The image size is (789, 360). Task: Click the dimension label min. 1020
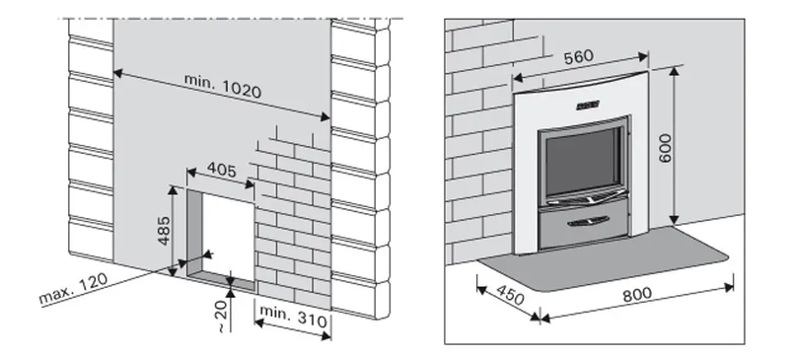(223, 85)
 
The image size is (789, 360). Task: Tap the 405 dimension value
(221, 171)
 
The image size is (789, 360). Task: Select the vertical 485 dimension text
(164, 231)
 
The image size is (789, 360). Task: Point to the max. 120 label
(73, 290)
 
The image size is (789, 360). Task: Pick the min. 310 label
(293, 317)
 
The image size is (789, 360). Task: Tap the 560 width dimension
(579, 57)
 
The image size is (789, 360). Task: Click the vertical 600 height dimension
(664, 148)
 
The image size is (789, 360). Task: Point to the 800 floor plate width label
(637, 295)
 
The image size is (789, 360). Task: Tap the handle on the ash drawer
(588, 221)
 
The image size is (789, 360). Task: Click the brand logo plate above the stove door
(588, 106)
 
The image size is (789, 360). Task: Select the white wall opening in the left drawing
(228, 238)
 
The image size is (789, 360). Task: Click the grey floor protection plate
(603, 259)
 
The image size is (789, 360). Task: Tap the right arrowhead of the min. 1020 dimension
(325, 117)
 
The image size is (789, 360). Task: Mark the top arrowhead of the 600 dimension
(675, 71)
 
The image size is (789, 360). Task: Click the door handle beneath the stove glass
(587, 200)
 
